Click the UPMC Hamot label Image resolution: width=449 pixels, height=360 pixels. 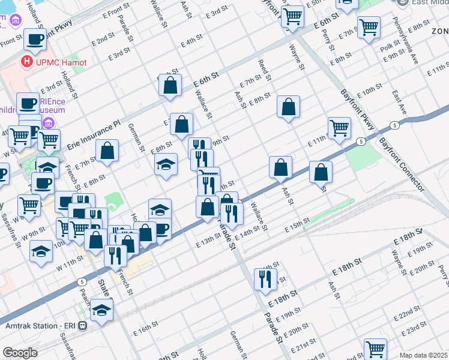61,62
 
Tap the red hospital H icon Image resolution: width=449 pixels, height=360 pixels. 26,61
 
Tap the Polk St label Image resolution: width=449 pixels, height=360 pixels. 390,44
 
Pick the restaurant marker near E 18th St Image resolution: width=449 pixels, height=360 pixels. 264,278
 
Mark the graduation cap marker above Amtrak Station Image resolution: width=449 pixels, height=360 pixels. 101,310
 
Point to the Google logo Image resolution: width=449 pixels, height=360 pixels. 20,353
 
